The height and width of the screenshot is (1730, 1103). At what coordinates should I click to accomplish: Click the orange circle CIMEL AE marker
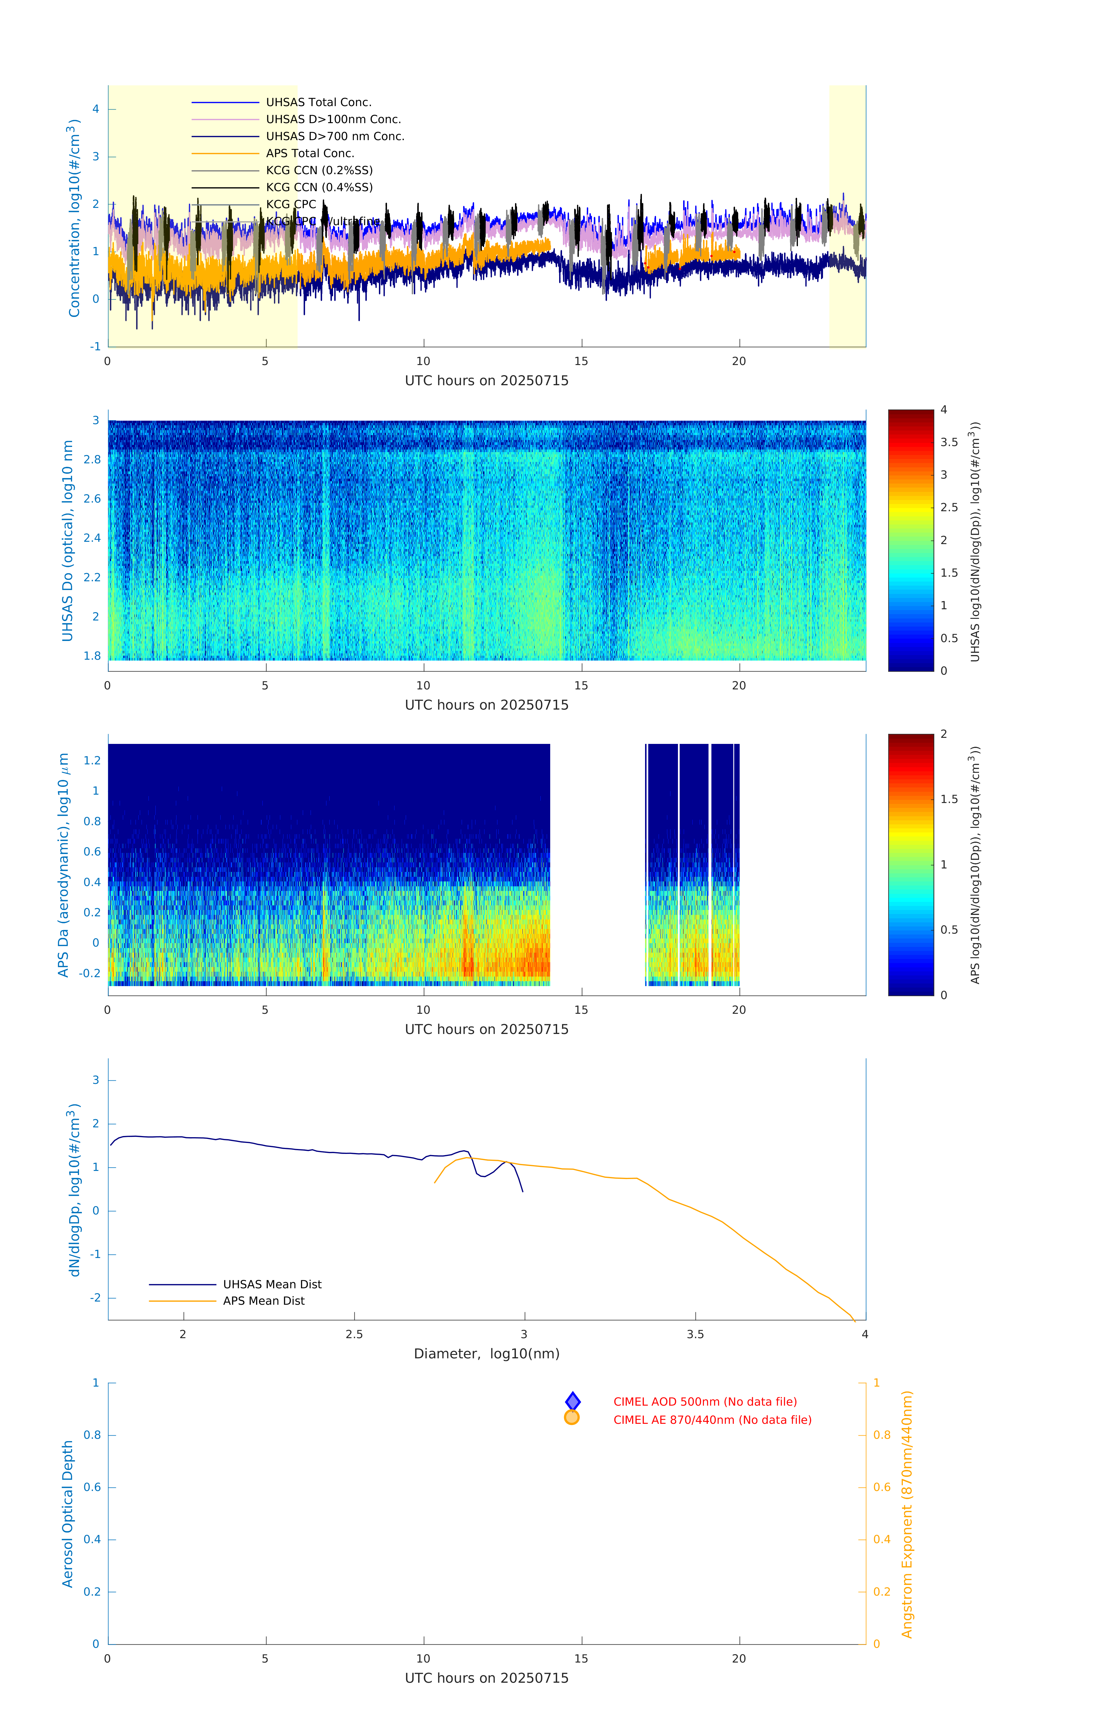tap(572, 1417)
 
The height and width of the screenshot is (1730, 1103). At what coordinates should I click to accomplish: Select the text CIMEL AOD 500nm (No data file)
tap(705, 1402)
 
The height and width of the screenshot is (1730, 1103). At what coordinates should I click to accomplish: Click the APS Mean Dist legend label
tap(264, 1301)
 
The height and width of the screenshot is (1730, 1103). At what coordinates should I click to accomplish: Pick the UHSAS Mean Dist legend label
tap(272, 1285)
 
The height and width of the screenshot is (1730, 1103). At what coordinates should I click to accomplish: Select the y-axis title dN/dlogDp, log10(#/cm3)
tap(73, 1190)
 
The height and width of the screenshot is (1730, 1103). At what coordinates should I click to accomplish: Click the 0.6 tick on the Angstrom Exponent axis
tap(882, 1487)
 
